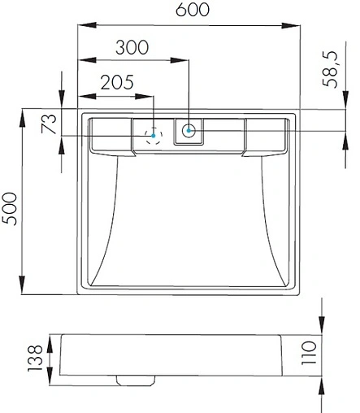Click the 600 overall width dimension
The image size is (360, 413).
pyautogui.click(x=191, y=11)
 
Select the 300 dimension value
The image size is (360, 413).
pyautogui.click(x=132, y=46)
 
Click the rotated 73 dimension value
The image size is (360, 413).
pyautogui.click(x=50, y=124)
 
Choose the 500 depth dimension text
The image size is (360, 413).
pyautogui.click(x=11, y=211)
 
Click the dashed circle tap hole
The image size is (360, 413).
pyautogui.click(x=153, y=135)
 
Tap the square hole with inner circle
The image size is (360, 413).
pyautogui.click(x=189, y=130)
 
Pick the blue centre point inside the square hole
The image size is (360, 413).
pyautogui.click(x=189, y=130)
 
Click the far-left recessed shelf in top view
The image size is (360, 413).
pyautogui.click(x=111, y=133)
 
